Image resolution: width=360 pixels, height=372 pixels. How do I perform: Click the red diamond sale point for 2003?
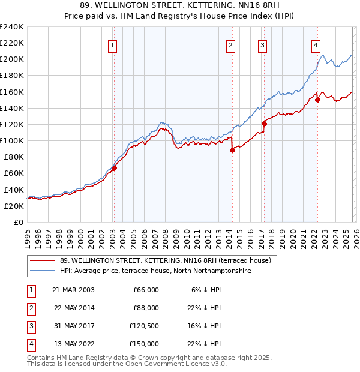114,168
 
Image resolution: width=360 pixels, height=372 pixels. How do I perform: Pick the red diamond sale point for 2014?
232,151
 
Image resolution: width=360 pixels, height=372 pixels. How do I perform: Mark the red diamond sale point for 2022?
317,100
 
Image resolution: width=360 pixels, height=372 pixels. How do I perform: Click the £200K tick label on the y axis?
12,59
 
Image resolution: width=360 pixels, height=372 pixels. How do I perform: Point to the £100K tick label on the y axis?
12,140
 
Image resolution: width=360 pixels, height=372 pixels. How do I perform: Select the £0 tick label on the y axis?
18,222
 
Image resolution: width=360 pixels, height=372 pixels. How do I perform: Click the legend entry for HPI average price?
155,271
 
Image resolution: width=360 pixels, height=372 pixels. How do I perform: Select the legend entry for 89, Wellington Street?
166,260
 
